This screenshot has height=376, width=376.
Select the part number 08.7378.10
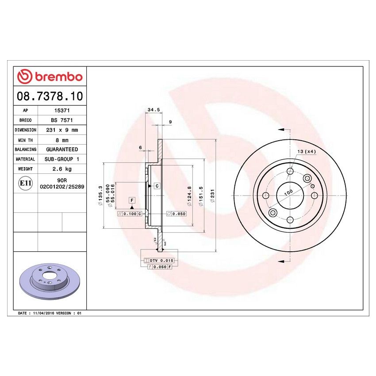pyautogui.click(x=50, y=96)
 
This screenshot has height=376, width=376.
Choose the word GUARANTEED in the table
pyautogui.click(x=61, y=150)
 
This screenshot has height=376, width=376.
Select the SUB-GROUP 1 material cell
pyautogui.click(x=61, y=159)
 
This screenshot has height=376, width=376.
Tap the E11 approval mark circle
pyautogui.click(x=25, y=183)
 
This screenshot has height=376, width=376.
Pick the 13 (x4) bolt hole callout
pyautogui.click(x=306, y=152)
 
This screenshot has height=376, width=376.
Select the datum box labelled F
pyautogui.click(x=132, y=200)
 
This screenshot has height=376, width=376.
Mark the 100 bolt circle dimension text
pyautogui.click(x=288, y=193)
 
